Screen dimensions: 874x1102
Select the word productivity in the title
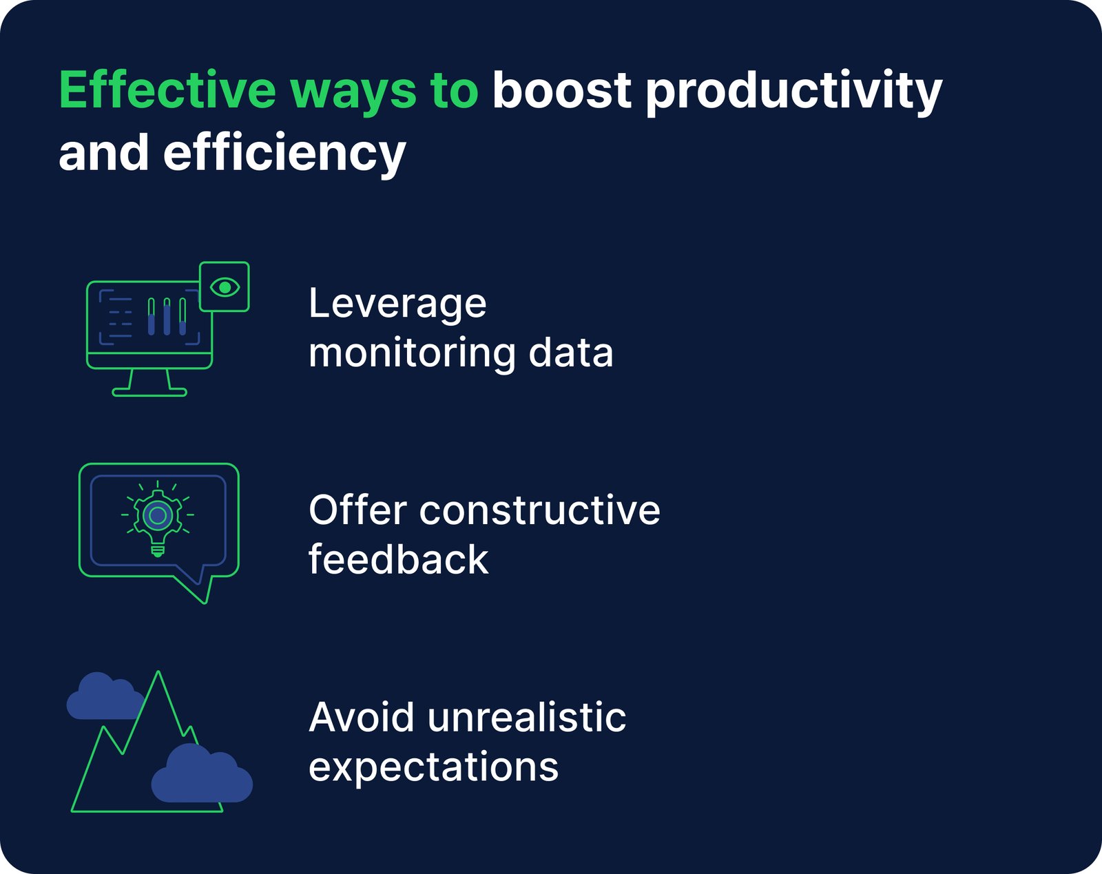coord(793,92)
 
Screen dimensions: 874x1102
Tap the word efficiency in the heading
coord(284,153)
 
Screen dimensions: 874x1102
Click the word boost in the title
coord(561,90)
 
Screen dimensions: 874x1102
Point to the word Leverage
coord(397,304)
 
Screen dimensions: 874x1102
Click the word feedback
coord(398,559)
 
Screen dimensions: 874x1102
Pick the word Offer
coord(357,510)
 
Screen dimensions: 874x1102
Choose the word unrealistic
coord(526,718)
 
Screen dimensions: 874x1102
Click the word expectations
coord(433,767)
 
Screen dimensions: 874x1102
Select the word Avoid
coord(362,718)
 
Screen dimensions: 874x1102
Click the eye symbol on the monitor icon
coord(225,287)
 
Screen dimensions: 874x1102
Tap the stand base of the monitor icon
coord(149,393)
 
